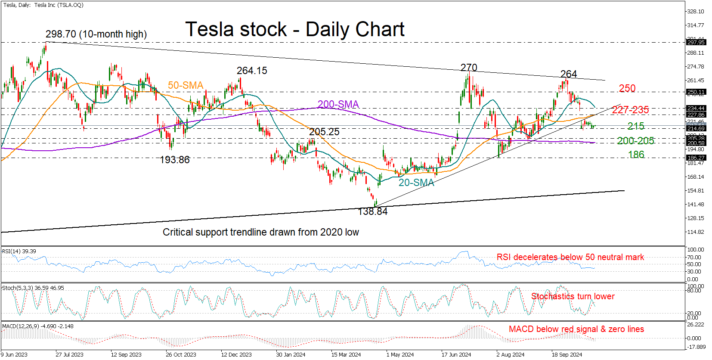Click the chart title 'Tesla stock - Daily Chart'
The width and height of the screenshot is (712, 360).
tap(295, 30)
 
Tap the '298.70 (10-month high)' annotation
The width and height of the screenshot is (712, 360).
tap(96, 34)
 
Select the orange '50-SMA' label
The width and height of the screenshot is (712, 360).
tap(186, 85)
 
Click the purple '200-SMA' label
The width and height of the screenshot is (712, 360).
tap(338, 104)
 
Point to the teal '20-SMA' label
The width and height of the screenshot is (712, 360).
tap(416, 183)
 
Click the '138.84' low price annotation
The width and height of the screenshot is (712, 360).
tap(373, 211)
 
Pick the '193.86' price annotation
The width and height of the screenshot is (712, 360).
tap(175, 160)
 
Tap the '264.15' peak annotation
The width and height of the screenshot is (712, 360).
tap(252, 71)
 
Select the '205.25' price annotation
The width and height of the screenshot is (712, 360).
tap(324, 132)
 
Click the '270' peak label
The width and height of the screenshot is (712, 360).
tap(469, 68)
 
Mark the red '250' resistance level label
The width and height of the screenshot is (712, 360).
tap(627, 88)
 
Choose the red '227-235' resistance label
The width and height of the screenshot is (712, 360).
tap(630, 110)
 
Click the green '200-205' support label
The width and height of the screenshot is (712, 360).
tap(635, 141)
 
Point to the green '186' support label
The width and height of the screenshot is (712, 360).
tap(636, 155)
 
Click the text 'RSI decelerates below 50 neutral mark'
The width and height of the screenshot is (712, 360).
tap(570, 257)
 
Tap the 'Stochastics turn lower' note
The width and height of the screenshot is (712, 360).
tap(573, 296)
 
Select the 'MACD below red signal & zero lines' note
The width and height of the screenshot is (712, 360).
tap(576, 329)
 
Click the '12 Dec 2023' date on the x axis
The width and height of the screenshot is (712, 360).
tap(236, 355)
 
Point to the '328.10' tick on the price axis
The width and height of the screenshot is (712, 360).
tap(696, 12)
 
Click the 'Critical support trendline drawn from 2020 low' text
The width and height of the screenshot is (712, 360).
tap(261, 232)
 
